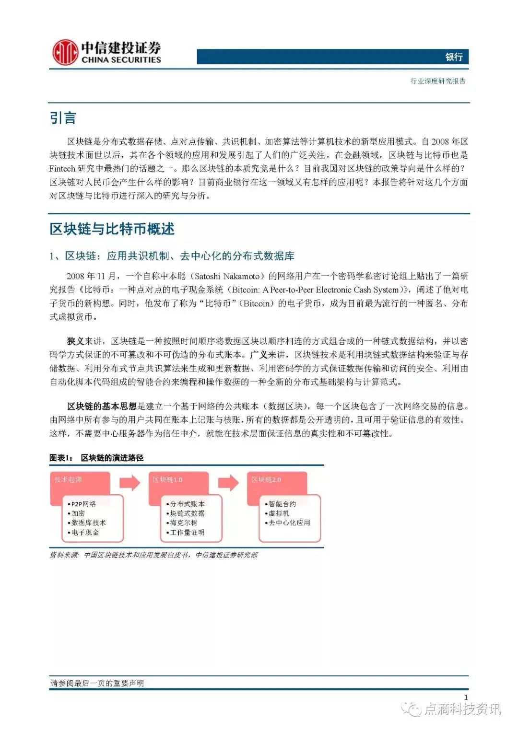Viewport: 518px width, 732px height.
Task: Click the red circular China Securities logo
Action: point(65,53)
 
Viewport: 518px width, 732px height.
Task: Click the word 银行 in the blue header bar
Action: point(453,57)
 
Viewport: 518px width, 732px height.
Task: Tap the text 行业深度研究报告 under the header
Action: point(437,81)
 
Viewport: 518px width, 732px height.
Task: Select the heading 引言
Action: point(63,118)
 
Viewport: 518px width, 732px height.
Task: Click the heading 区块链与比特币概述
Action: point(112,229)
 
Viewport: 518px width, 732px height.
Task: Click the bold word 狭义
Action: point(75,341)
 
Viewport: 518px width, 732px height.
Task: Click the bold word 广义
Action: point(259,355)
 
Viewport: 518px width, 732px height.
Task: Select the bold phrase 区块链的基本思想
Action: point(102,407)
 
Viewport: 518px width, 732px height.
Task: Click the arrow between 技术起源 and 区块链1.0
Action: point(129,482)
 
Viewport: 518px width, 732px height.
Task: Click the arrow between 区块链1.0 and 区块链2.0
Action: point(228,482)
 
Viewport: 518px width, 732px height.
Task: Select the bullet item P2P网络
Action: point(83,504)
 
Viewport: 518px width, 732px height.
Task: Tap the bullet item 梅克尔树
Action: point(183,523)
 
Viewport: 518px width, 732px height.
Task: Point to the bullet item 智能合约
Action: point(282,504)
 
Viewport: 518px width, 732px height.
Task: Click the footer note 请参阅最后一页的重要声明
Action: point(97,683)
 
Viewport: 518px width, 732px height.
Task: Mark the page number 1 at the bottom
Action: point(466,697)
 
